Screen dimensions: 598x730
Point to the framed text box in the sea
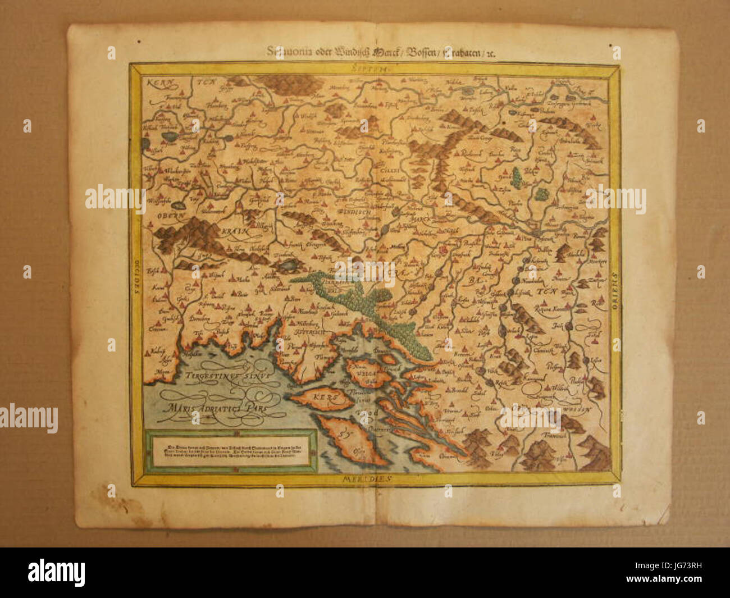click(x=230, y=450)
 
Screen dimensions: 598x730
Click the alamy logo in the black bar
click(x=56, y=572)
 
